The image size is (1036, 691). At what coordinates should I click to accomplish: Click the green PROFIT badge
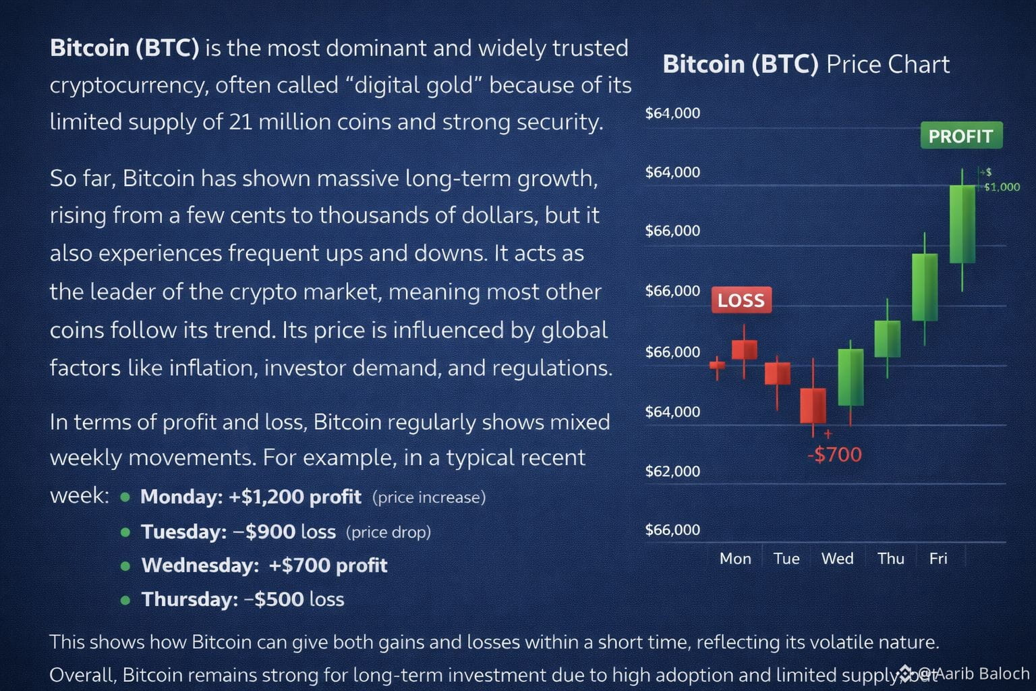coord(962,135)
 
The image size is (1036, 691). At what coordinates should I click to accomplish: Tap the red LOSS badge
coord(741,300)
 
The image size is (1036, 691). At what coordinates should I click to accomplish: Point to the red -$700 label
coord(835,455)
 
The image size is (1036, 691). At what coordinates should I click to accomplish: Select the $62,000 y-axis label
coord(672,471)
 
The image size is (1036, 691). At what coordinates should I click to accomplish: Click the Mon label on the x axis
coord(735,559)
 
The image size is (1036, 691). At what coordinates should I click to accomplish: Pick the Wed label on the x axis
coord(837,559)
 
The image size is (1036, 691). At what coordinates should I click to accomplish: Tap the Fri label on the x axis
coord(938,559)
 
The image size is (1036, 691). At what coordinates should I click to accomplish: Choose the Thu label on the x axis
coord(891,559)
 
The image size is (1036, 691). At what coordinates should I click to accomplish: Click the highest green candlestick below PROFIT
coord(962,225)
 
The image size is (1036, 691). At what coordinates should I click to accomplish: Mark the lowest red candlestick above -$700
coord(813,406)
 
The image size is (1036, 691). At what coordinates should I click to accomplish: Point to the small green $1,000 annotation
coord(1002,187)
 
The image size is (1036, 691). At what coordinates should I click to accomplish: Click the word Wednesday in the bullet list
coord(200,565)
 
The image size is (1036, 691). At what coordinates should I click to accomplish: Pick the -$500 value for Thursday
coord(273,599)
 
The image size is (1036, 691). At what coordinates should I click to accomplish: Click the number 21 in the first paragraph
coord(241,121)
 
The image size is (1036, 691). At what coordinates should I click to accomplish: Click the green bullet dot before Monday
coord(125,497)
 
